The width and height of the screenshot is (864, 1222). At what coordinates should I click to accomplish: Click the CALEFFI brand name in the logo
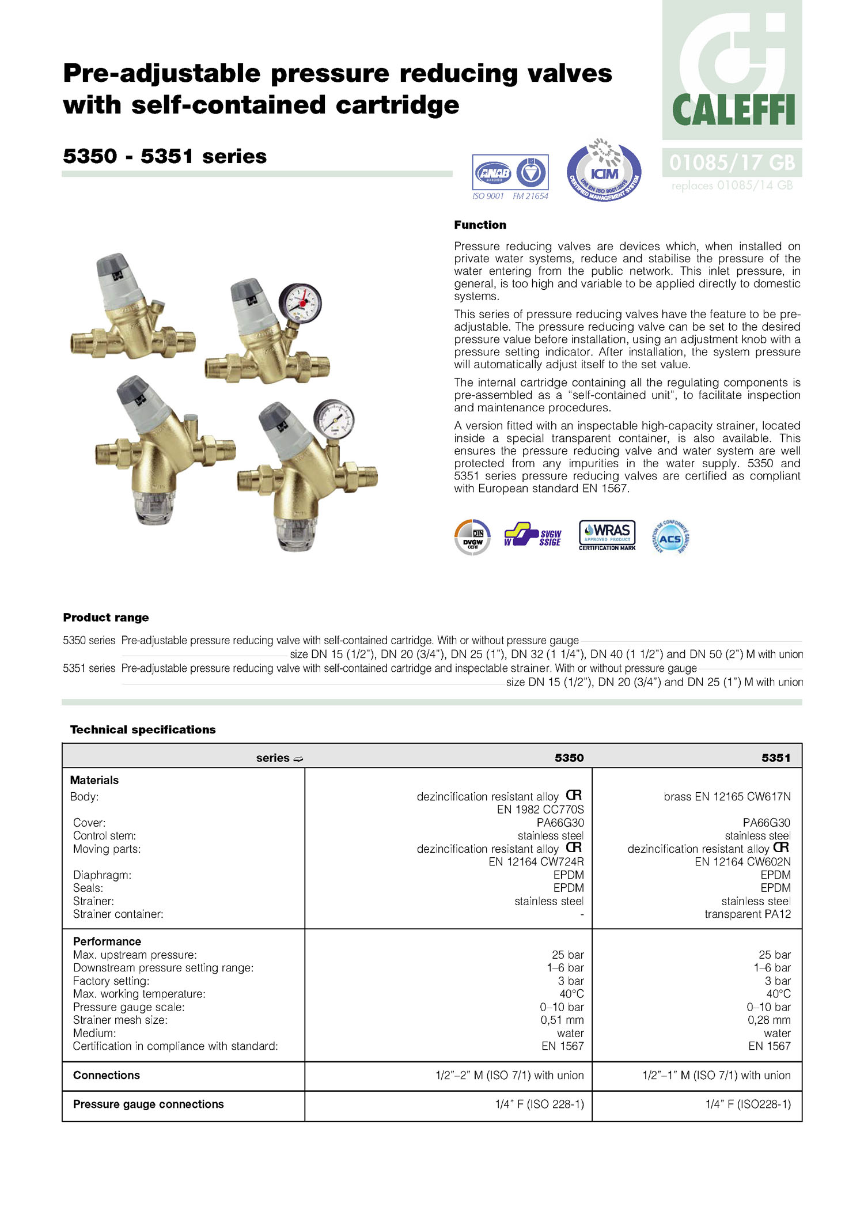pos(733,110)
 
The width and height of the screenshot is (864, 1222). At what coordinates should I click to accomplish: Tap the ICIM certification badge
pos(604,171)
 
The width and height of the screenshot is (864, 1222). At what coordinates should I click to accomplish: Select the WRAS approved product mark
pos(607,535)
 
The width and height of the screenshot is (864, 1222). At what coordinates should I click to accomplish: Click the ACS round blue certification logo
pos(670,538)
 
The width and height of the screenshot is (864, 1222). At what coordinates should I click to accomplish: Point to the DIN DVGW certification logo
pos(472,538)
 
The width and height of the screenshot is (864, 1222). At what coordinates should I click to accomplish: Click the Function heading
pos(480,225)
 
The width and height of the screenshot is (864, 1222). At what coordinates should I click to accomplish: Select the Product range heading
pos(106,618)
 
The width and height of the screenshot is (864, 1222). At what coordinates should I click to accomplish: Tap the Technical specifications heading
pos(143,729)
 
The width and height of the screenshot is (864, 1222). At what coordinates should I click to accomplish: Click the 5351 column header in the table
pos(775,758)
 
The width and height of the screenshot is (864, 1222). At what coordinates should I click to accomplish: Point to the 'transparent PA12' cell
pos(747,914)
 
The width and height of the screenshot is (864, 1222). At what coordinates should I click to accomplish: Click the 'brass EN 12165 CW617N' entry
pos(727,797)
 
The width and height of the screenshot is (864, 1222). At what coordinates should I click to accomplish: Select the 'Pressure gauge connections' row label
pos(148,1104)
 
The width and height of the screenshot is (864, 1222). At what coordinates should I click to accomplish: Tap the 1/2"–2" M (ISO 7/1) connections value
pos(509,1076)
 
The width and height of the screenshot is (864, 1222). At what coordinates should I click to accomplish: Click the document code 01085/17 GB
pos(732,163)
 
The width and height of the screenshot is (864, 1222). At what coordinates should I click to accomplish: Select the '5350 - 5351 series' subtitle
pos(165,157)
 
